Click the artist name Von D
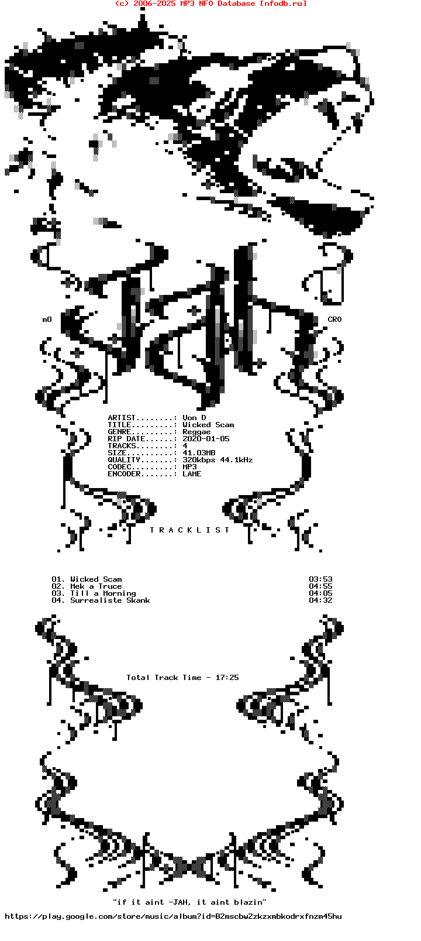coord(194,418)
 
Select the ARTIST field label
coord(122,418)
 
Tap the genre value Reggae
coord(196,432)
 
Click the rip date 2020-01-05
coord(206,438)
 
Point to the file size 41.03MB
coord(199,453)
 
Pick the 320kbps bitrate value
coord(199,460)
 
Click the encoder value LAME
coord(192,474)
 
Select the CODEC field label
coord(120,467)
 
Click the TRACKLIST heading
coord(189,530)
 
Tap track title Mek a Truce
coord(96,586)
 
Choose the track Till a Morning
coord(103,593)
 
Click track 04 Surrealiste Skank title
coord(110,600)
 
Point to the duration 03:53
coord(320,579)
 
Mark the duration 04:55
coord(320,586)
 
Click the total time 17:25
coord(227,678)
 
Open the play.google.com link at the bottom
coord(173,916)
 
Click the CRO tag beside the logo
coord(334,320)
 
